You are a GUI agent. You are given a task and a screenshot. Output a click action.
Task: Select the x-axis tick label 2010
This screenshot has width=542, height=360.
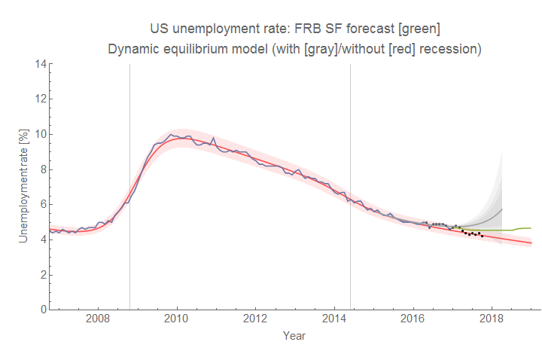(177, 319)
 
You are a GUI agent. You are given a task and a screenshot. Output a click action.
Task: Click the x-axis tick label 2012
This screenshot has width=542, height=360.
(256, 319)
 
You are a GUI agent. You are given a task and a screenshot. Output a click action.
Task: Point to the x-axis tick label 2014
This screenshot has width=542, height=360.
(334, 319)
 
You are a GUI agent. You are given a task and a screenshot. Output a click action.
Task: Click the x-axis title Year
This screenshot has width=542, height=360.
(294, 336)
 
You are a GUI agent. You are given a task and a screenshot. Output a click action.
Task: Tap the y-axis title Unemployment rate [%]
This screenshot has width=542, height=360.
(23, 185)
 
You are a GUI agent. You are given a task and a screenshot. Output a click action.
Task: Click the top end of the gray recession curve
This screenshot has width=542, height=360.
(502, 209)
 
